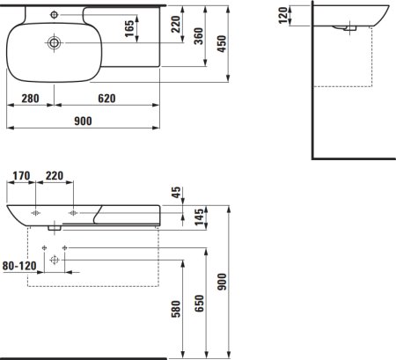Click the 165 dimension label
[x=129, y=28]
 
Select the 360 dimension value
[x=199, y=36]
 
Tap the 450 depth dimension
[x=222, y=44]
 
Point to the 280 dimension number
[x=30, y=99]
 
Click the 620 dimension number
[x=106, y=99]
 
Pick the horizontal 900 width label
[x=83, y=121]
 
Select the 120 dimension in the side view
[x=283, y=15]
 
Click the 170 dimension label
[x=21, y=176]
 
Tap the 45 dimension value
[x=177, y=192]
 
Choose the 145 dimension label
[x=199, y=217]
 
